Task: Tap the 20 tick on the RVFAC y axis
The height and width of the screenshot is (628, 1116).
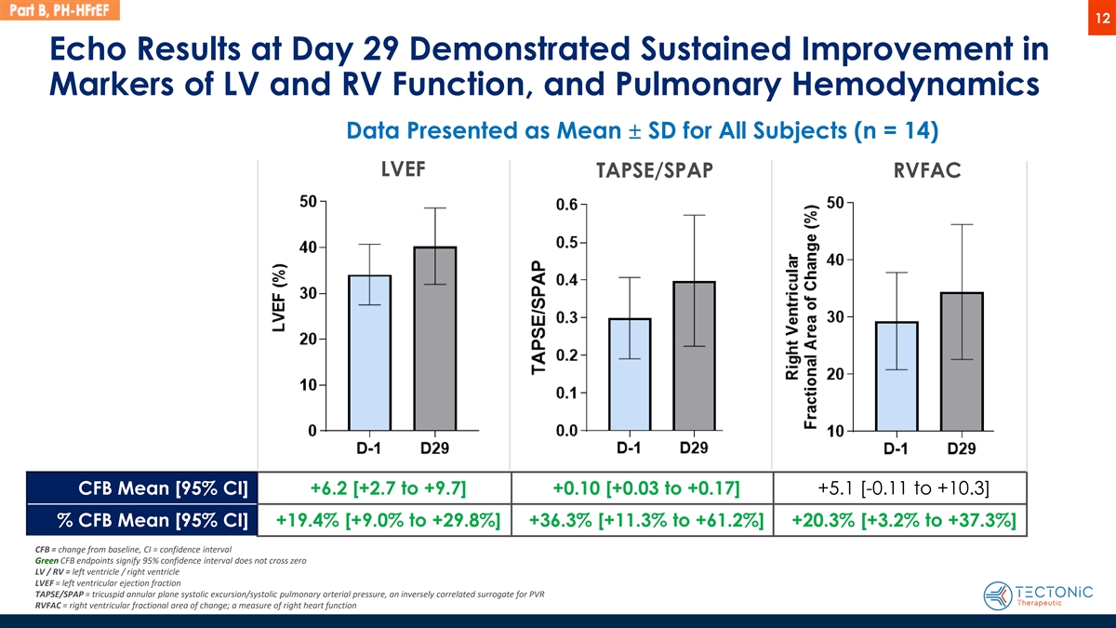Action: pos(833,374)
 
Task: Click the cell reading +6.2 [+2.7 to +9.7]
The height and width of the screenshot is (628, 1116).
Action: pos(386,488)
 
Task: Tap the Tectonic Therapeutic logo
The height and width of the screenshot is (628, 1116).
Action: pos(1042,595)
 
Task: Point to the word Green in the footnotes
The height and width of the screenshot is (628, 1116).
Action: pos(46,561)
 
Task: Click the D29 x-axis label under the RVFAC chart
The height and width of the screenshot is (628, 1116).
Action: pos(962,449)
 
